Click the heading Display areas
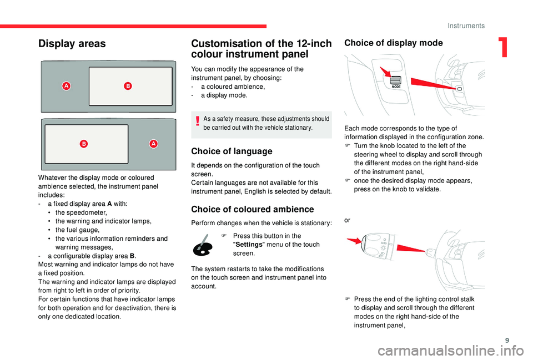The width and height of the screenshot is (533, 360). point(72,44)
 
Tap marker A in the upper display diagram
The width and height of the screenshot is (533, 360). point(66,86)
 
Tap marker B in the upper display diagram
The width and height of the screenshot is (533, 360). point(127,86)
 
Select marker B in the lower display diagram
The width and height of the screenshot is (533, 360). point(83,144)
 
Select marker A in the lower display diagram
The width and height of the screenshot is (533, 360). point(153,144)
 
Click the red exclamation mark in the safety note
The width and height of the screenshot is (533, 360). point(197,123)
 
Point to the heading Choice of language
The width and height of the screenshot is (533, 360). point(232,151)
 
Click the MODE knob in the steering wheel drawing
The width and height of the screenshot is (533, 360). point(396,82)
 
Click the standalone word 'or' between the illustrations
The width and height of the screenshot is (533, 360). point(348,220)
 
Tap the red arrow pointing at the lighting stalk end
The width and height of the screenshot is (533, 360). point(353,242)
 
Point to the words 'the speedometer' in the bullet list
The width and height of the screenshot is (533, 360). point(82,212)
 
